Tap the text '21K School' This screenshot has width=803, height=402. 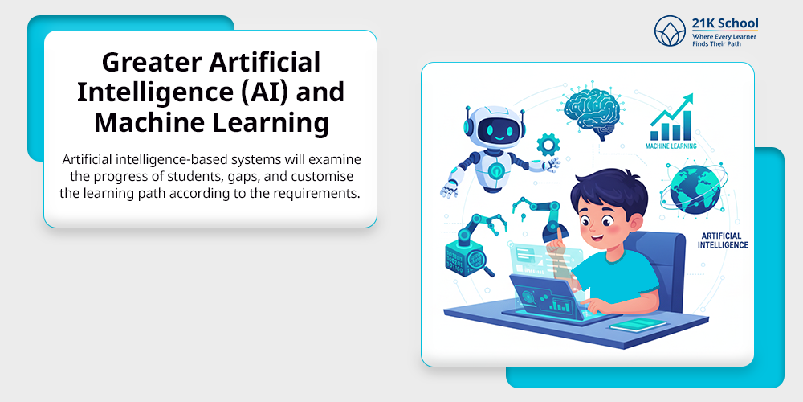(725, 23)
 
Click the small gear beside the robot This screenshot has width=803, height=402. (548, 145)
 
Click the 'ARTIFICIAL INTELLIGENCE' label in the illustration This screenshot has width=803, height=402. (724, 240)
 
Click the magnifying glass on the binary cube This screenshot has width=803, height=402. (478, 262)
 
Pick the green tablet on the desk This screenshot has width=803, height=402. (638, 325)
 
